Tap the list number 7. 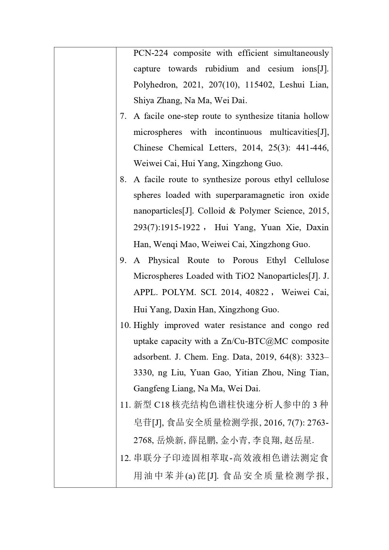pos(123,116)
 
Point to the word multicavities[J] pos(299,132)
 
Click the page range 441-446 pos(312,148)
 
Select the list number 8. pos(123,180)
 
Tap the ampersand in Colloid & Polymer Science pos(232,211)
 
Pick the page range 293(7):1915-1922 pos(166,227)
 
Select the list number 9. pos(123,261)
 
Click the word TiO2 pos(245,276)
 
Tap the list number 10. pos(125,325)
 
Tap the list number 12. pos(125,458)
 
